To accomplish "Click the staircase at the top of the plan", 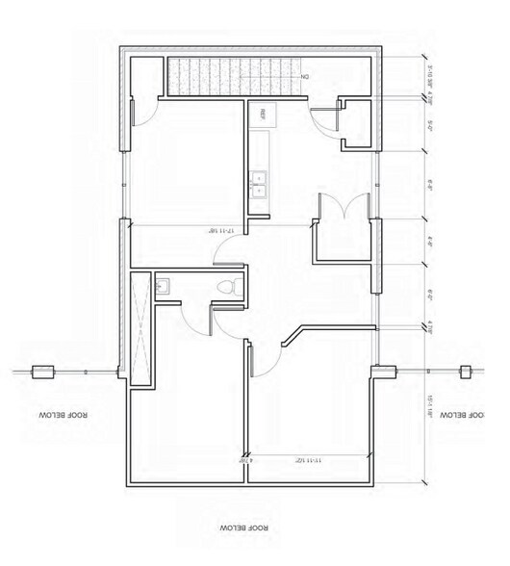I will point(231,75).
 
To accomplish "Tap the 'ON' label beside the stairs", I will point(304,75).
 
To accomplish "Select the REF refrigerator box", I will point(260,115).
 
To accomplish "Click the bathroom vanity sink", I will point(163,284).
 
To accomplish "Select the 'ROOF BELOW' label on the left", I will point(64,415).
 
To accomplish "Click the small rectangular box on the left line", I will point(42,372).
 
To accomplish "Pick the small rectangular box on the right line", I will point(465,372).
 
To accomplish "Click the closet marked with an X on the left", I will point(140,327).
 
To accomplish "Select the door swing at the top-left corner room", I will point(144,115).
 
